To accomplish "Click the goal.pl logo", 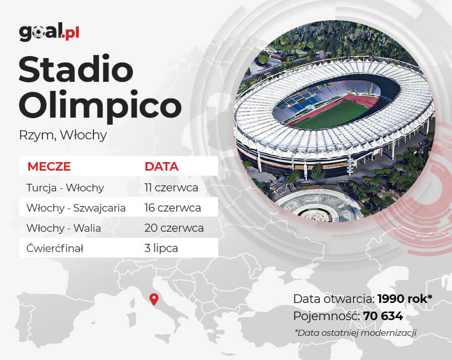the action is point(49,32).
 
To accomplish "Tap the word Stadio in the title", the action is point(76,69).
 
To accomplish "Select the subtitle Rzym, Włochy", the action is point(63,135).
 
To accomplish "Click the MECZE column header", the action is point(49,167).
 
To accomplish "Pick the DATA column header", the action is point(162,167).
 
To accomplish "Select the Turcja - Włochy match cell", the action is point(65,188).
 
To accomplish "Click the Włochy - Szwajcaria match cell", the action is point(76,208).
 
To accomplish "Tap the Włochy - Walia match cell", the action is point(64,228).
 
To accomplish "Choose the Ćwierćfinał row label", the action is point(55,248).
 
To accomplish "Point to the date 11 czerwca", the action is point(171,188).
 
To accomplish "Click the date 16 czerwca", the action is point(173,208).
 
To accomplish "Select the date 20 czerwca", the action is point(174,228).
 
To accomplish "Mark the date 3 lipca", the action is point(161,248).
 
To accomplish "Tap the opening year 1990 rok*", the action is point(405,299).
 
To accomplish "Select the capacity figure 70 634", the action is point(383,316).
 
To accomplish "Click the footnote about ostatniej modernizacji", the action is point(356,333).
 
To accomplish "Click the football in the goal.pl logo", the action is point(38,33).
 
